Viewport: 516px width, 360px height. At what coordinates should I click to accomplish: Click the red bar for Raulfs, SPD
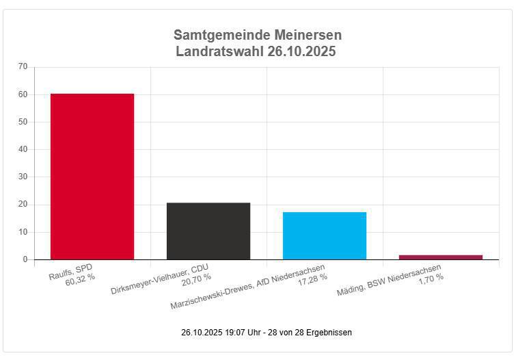(92, 177)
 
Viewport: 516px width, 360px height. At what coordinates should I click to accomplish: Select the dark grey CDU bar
(208, 231)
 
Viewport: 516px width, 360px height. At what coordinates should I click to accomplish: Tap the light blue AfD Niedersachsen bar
(325, 236)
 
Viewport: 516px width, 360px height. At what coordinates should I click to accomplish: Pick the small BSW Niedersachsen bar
(441, 257)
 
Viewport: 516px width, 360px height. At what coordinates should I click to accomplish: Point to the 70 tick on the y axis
(23, 66)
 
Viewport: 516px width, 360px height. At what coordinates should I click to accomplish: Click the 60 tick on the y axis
(23, 94)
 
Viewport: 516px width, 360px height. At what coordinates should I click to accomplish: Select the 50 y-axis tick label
(23, 122)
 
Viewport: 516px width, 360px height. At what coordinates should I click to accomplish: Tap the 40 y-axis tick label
(23, 149)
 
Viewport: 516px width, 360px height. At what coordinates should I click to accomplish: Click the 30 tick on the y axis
(23, 177)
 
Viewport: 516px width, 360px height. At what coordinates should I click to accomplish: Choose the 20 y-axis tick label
(23, 205)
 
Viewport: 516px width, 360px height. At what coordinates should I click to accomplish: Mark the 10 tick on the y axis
(23, 232)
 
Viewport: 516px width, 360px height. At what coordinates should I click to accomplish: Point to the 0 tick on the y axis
(25, 259)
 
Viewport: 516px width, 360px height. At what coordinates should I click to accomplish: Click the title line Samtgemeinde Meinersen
(258, 35)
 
